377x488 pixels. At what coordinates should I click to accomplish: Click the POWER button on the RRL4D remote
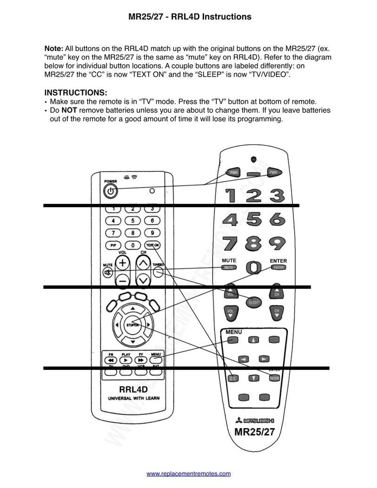click(x=110, y=191)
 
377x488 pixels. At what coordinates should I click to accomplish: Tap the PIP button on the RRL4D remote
click(x=113, y=245)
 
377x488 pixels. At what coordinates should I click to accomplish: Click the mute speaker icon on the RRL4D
click(x=108, y=272)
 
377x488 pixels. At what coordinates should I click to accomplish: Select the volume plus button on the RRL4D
click(x=123, y=263)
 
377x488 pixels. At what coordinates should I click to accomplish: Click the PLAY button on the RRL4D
click(x=126, y=360)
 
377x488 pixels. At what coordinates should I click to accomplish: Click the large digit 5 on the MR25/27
click(x=254, y=220)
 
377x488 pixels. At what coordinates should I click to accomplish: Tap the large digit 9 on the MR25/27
click(x=277, y=244)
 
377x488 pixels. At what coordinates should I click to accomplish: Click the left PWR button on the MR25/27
click(x=232, y=172)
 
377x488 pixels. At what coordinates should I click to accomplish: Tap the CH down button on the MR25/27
click(x=277, y=312)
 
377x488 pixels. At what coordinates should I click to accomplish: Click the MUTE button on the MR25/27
click(x=229, y=268)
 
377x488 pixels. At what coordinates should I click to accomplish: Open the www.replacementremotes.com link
click(x=188, y=473)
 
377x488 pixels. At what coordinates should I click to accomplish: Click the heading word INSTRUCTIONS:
click(x=75, y=93)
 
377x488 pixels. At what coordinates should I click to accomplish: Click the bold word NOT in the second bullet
click(x=69, y=110)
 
